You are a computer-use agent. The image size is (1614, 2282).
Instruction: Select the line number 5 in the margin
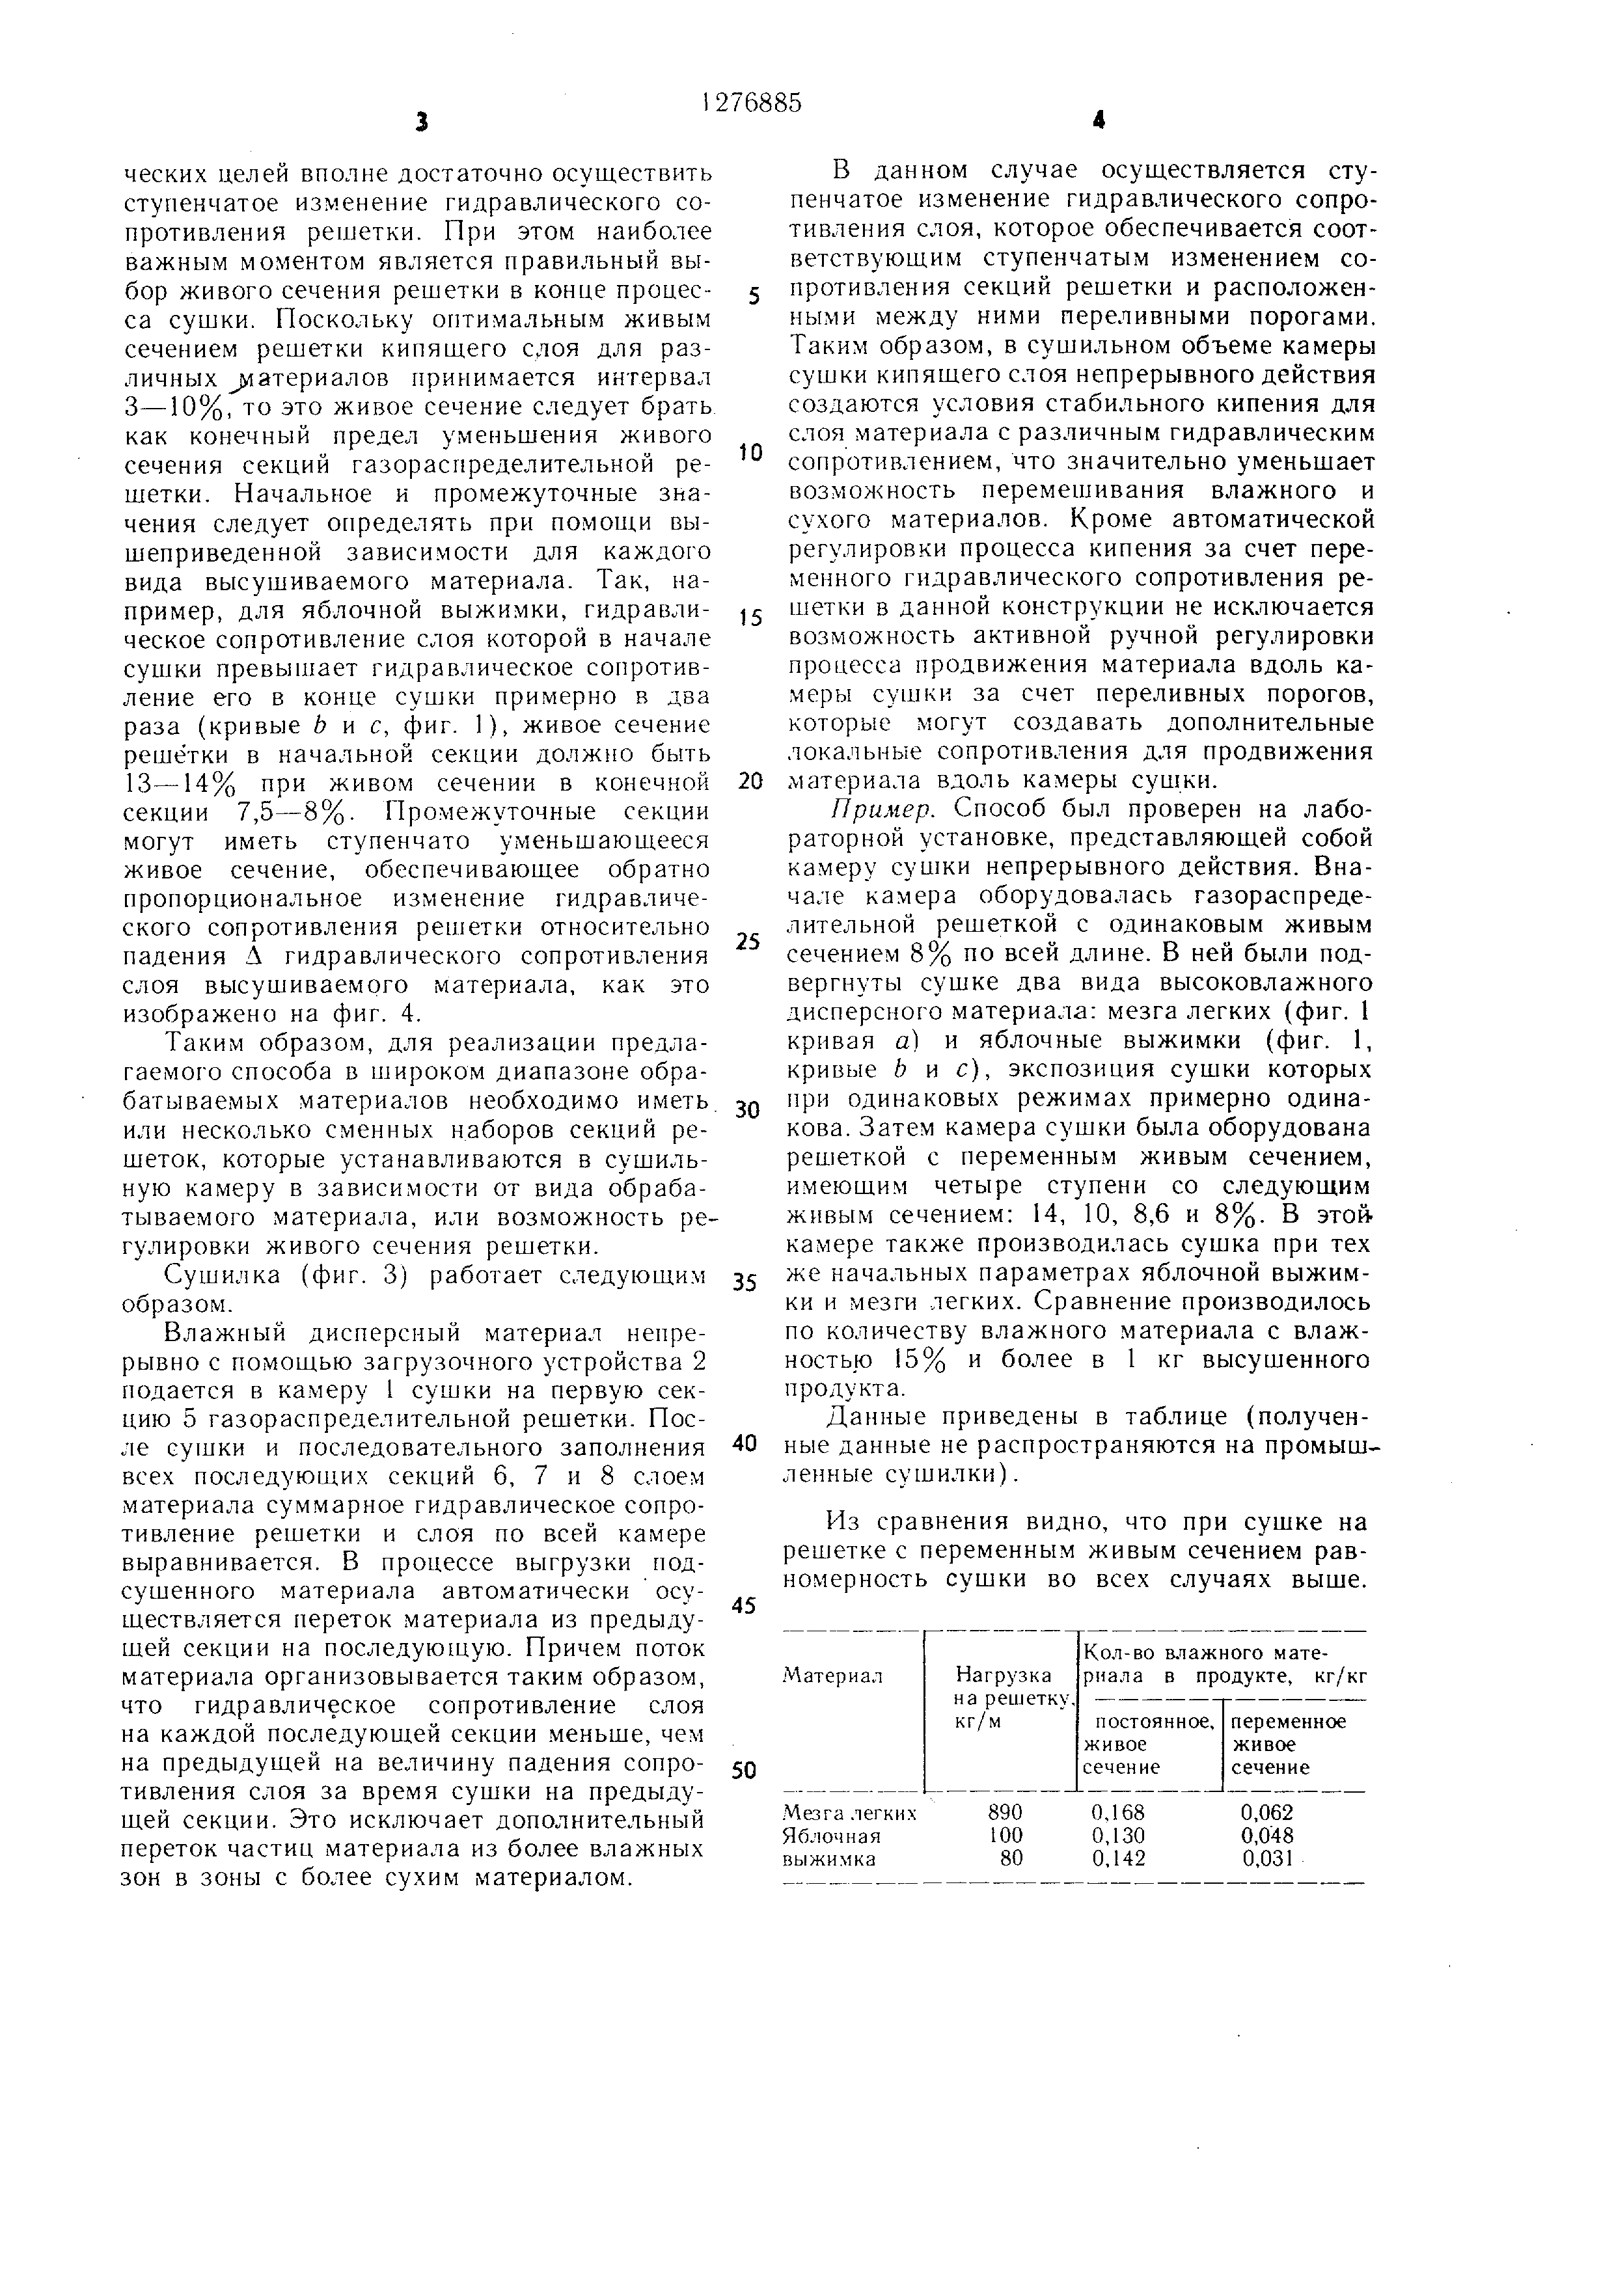click(754, 297)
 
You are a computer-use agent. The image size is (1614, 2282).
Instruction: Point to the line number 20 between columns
click(750, 780)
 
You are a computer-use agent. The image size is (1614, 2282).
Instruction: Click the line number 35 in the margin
click(745, 1282)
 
